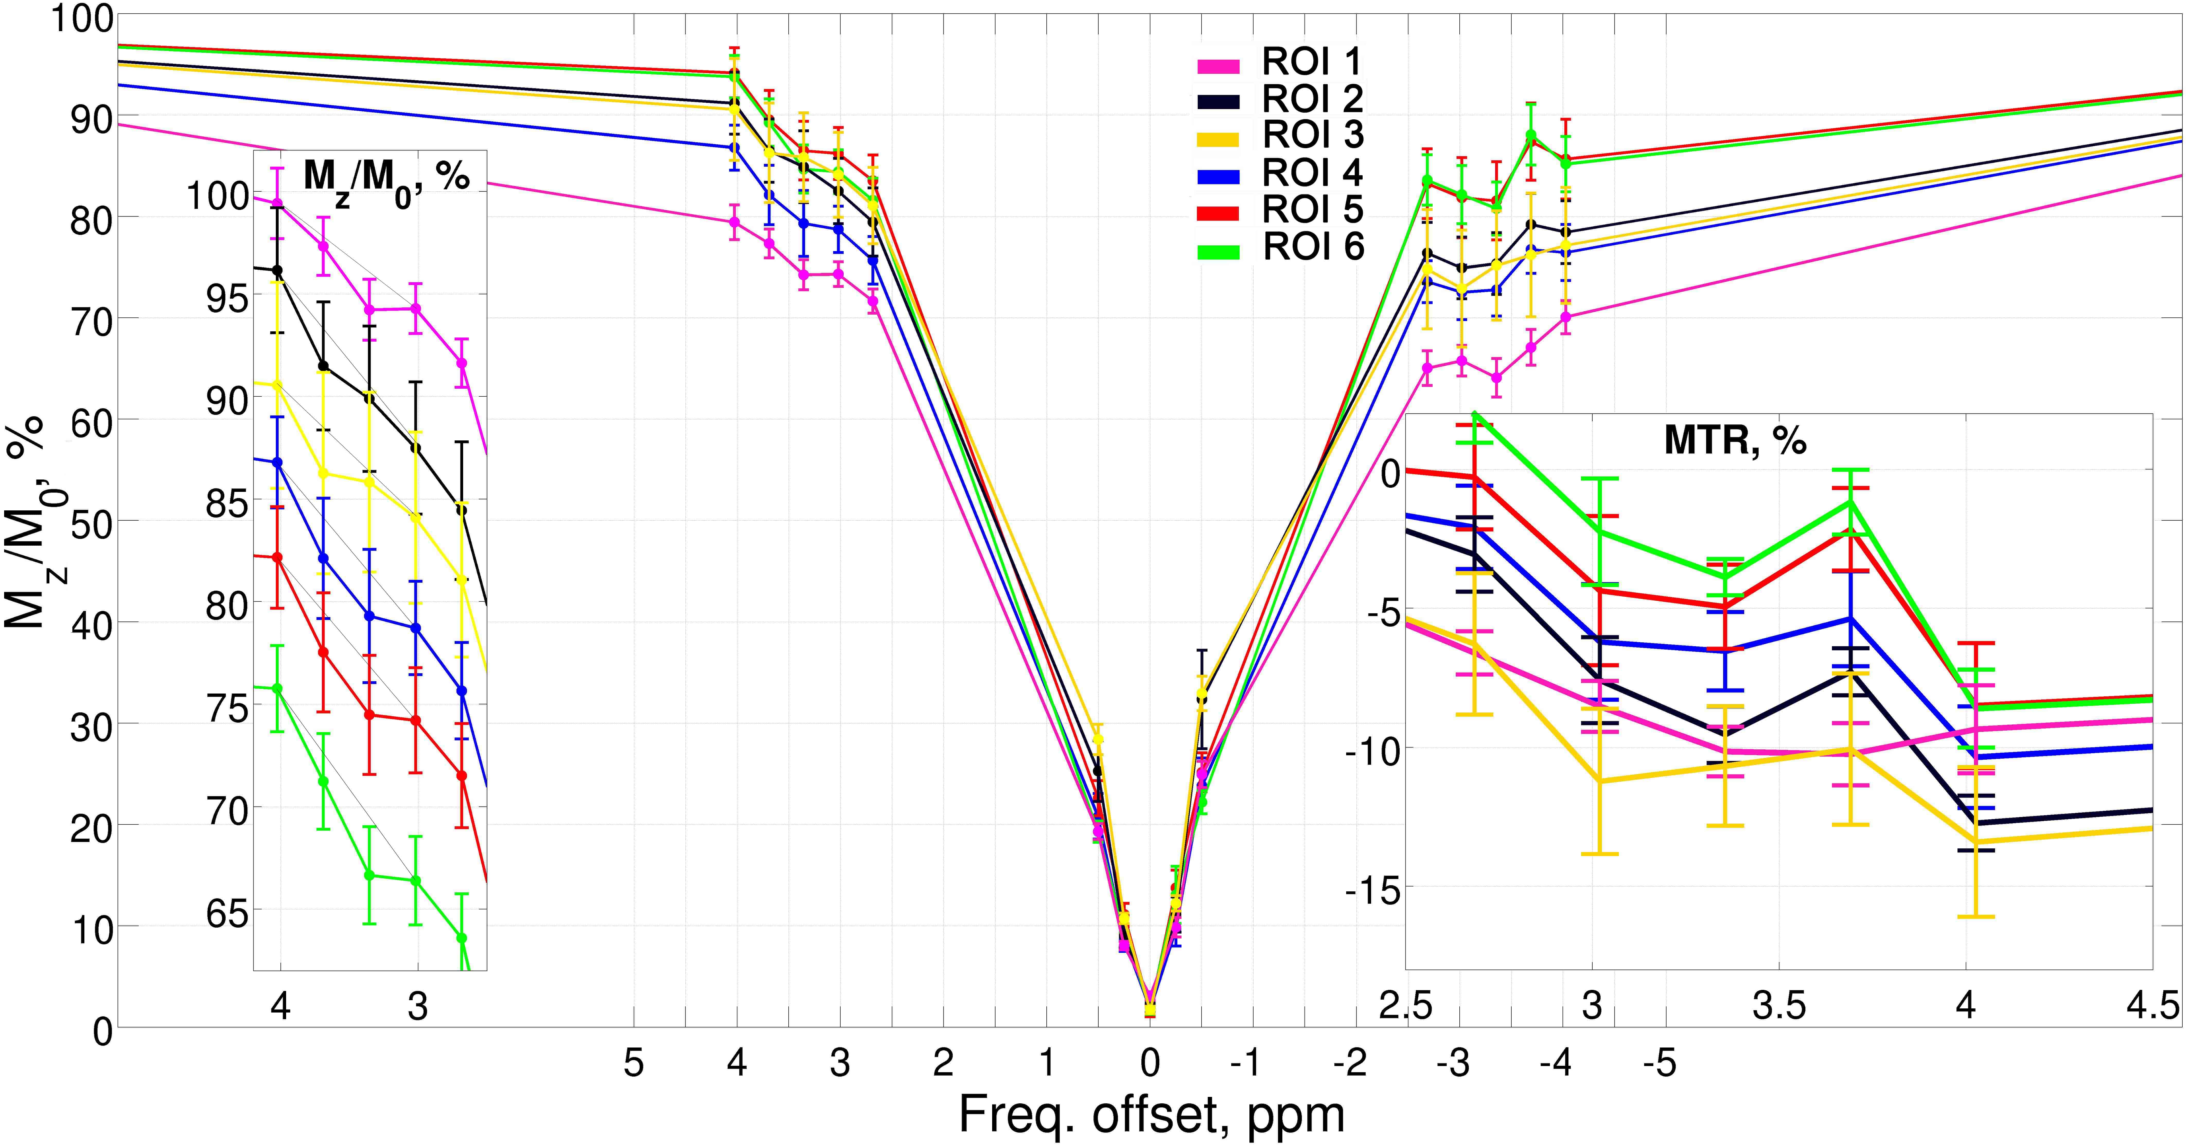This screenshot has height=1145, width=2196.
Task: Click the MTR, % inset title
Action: (x=1735, y=440)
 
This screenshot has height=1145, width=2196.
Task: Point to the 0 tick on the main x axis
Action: (x=1150, y=1063)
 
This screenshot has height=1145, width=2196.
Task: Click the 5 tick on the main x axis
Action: (x=633, y=1063)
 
